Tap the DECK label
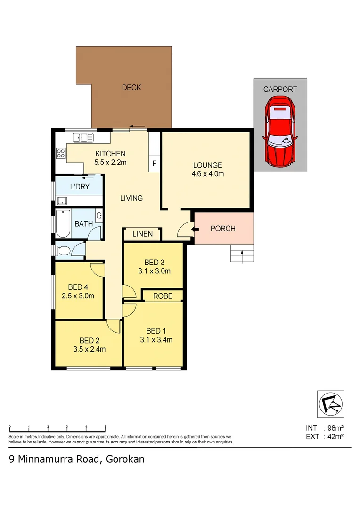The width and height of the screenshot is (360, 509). click(x=131, y=87)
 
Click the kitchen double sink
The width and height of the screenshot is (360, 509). click(x=83, y=138)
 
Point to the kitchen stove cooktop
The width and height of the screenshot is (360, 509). click(x=61, y=153)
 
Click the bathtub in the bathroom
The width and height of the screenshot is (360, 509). click(x=63, y=224)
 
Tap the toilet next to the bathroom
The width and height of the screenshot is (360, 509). click(x=63, y=250)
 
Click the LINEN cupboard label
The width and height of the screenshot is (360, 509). click(x=142, y=234)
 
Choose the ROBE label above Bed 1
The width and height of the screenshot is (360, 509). click(x=162, y=296)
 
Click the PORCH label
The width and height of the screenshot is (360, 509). click(x=223, y=229)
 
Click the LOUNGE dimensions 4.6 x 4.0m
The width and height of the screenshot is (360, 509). click(x=207, y=173)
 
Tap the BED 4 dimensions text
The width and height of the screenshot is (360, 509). click(x=78, y=296)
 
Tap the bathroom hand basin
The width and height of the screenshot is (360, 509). click(x=99, y=216)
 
